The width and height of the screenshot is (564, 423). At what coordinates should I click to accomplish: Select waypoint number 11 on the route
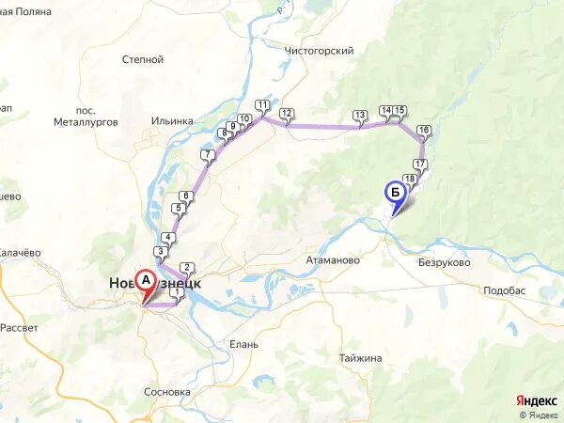pos(261,106)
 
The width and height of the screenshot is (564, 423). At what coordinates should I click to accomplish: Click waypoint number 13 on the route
pos(360,117)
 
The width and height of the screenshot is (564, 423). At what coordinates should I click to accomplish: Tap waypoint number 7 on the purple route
pos(207,156)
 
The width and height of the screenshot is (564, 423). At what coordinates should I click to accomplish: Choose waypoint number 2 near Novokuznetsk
pos(186,268)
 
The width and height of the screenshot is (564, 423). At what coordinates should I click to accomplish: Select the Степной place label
pos(143,59)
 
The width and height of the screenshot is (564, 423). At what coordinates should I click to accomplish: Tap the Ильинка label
pos(172,120)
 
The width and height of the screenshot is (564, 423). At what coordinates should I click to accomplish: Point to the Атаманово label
pos(334,259)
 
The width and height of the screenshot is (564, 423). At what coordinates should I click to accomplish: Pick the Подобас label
pos(504,292)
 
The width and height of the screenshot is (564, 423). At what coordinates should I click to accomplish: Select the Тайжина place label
pos(361,358)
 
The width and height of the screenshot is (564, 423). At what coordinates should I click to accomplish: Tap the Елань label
pos(243,344)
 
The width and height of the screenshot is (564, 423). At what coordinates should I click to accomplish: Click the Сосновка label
pos(168,391)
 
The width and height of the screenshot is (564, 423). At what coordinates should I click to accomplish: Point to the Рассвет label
pos(19,327)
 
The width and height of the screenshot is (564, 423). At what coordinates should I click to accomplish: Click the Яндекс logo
pos(536,400)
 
